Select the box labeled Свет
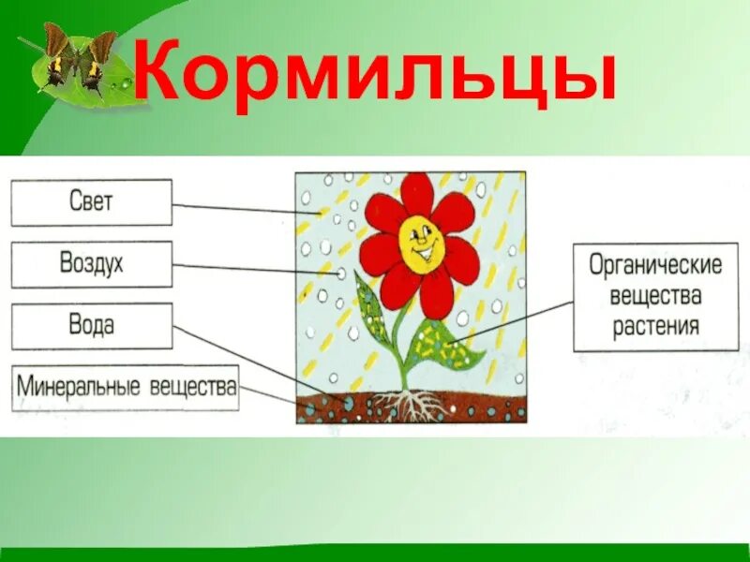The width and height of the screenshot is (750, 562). point(91,202)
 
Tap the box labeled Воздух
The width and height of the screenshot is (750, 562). point(91,264)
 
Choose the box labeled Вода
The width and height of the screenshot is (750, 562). point(91,326)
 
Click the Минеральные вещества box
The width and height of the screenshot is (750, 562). point(126,387)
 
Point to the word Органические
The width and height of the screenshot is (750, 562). point(655,265)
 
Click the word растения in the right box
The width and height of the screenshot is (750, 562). point(655,326)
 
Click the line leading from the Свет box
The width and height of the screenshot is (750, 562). point(244,207)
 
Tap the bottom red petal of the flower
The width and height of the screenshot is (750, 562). point(436,293)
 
